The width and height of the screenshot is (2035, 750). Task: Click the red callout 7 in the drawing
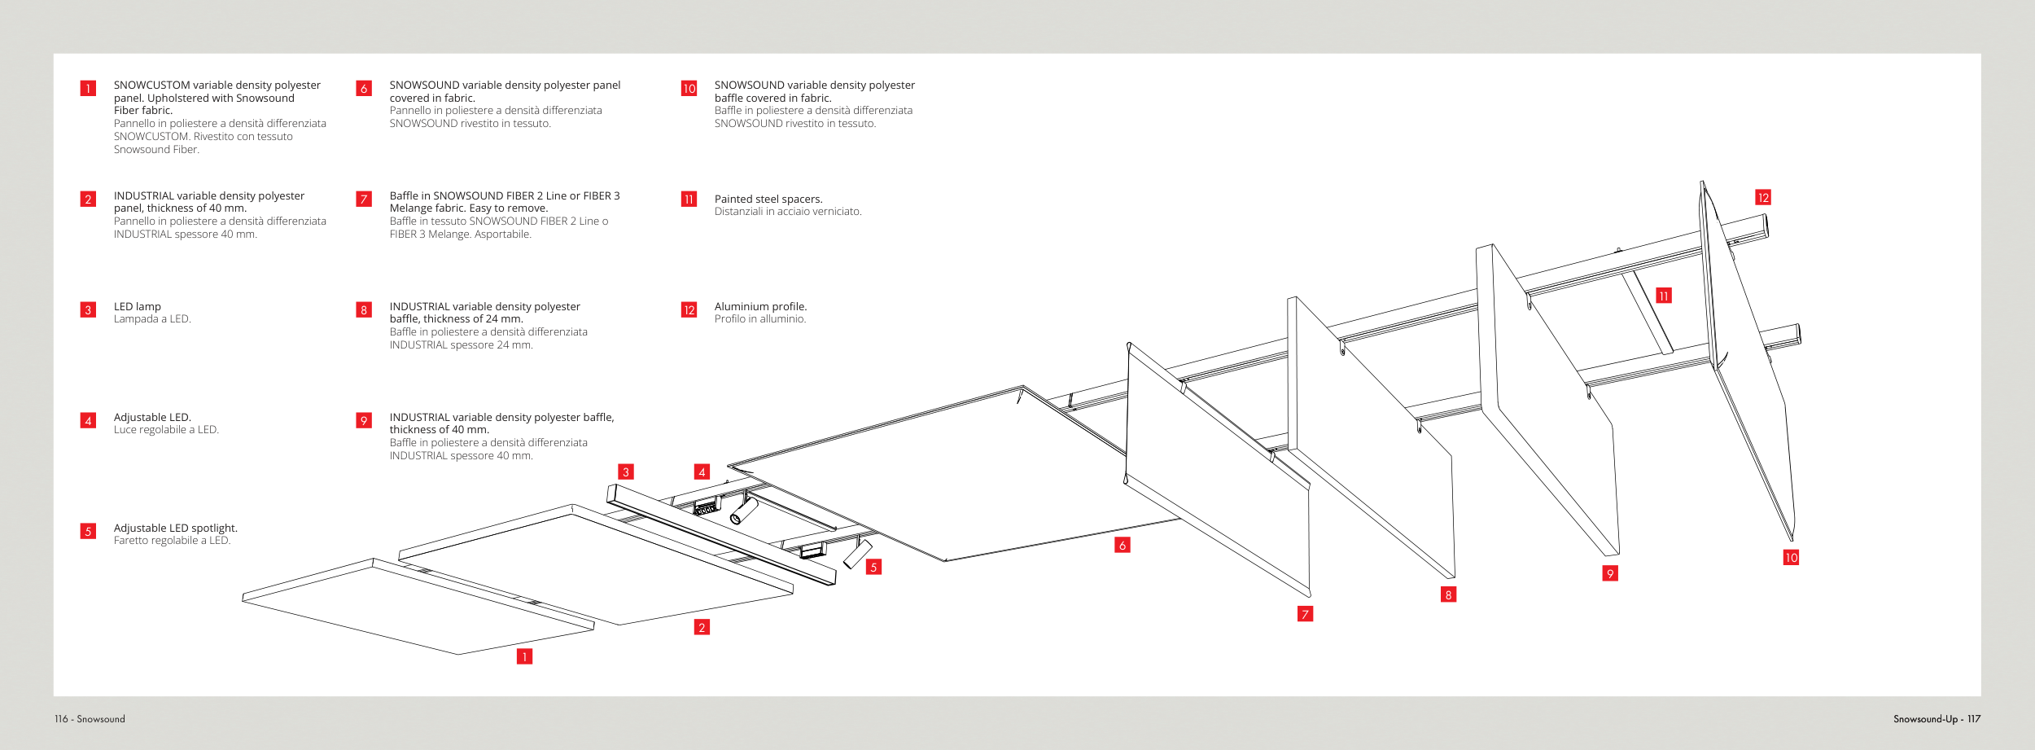pyautogui.click(x=1305, y=614)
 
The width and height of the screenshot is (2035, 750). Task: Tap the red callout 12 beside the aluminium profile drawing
pyautogui.click(x=1763, y=198)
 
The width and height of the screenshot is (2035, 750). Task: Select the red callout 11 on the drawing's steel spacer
pyautogui.click(x=1664, y=296)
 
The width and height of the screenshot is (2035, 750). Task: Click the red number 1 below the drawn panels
pyautogui.click(x=525, y=656)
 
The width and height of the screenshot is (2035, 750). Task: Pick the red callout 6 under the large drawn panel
pyautogui.click(x=1123, y=545)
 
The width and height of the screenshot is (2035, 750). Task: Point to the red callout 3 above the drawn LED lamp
pyautogui.click(x=625, y=471)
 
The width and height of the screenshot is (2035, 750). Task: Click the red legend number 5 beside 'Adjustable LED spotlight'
pyautogui.click(x=88, y=531)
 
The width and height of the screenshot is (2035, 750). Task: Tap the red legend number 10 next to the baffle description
pyautogui.click(x=689, y=88)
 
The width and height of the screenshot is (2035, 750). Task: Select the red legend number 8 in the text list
pyautogui.click(x=364, y=309)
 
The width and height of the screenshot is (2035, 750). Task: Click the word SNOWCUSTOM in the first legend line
pyautogui.click(x=151, y=85)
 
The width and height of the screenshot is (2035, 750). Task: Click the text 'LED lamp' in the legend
pyautogui.click(x=138, y=306)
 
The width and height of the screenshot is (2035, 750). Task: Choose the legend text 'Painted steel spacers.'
pyautogui.click(x=768, y=199)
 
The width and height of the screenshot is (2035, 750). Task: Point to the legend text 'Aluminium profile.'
pyautogui.click(x=760, y=306)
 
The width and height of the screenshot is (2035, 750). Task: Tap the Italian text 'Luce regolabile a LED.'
pyautogui.click(x=166, y=430)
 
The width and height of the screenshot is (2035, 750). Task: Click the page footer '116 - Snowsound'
pyautogui.click(x=90, y=719)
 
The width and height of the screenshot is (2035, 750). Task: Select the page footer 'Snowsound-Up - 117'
pyautogui.click(x=1937, y=719)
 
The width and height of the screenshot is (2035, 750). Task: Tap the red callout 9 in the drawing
pyautogui.click(x=1609, y=573)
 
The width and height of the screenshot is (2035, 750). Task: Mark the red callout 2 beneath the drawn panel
pyautogui.click(x=702, y=627)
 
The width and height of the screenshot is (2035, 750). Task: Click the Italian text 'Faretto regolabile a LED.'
pyautogui.click(x=172, y=541)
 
